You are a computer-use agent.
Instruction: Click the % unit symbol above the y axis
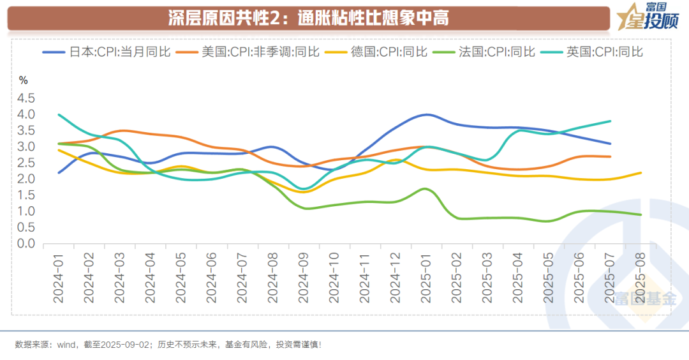pos(24,80)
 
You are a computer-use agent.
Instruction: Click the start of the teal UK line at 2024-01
pos(59,115)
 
